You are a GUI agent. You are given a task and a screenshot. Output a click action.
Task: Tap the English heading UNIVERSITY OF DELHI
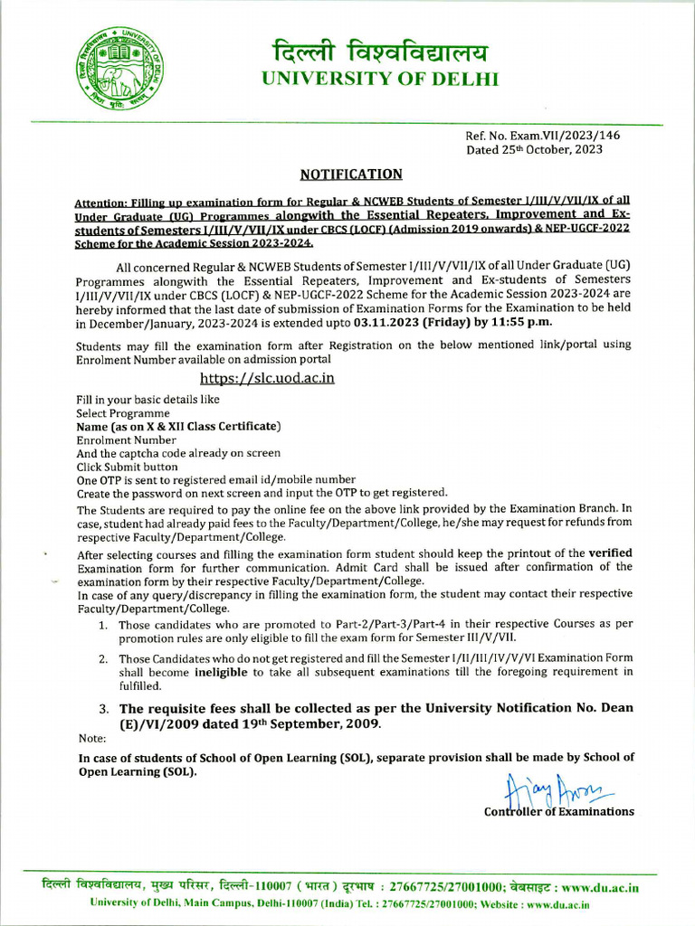(380, 80)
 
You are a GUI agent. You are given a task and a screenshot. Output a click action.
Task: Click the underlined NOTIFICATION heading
(351, 174)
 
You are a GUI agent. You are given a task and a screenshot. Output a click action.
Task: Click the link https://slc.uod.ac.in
(267, 378)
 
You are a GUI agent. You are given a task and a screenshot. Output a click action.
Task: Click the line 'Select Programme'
(122, 412)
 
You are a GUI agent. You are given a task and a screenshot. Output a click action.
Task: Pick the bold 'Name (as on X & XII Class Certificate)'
(178, 426)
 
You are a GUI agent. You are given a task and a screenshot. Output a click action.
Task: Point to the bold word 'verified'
(611, 553)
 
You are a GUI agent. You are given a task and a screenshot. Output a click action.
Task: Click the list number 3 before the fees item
(104, 709)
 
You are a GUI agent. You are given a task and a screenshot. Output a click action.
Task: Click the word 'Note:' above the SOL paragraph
(91, 739)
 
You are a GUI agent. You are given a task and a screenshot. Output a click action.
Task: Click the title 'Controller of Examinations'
(559, 811)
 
